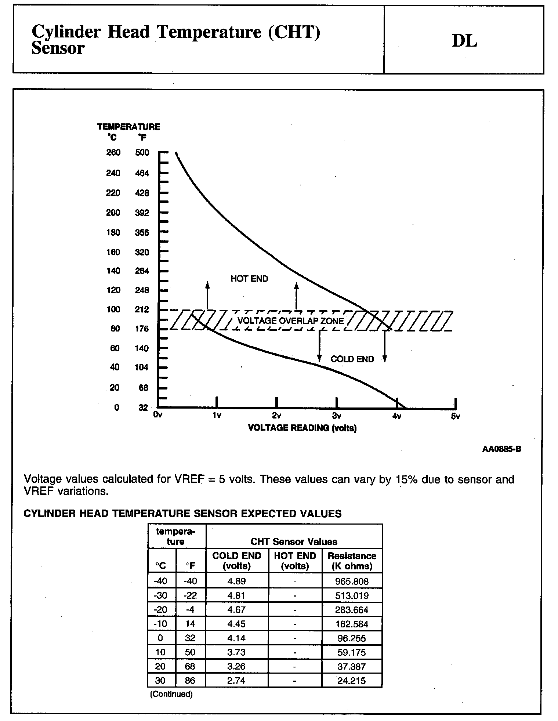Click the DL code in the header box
(464, 41)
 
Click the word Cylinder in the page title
(66, 33)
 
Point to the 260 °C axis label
(113, 152)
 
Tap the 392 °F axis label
(142, 213)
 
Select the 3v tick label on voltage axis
(337, 416)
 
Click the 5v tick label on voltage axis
(456, 416)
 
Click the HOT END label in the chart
(249, 279)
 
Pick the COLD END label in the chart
(352, 359)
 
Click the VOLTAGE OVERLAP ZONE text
(291, 321)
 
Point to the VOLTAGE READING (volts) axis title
(302, 428)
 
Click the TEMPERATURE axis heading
(128, 127)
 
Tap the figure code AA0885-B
(501, 449)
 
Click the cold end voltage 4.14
(236, 638)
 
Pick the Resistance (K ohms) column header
(352, 561)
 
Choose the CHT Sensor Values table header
(294, 541)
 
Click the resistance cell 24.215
(352, 681)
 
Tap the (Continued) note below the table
(171, 694)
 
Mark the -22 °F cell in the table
(190, 595)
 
